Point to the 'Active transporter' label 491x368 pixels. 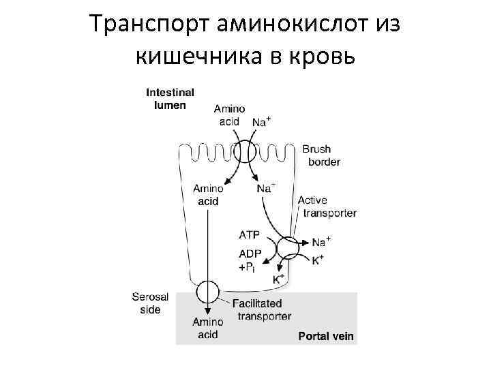tap(326, 206)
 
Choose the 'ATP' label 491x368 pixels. tap(249, 235)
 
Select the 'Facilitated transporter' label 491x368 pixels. tap(261, 309)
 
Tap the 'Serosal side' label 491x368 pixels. tap(146, 303)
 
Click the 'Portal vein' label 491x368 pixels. tap(327, 337)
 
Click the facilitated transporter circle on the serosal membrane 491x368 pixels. tap(207, 293)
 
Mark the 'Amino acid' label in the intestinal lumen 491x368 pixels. tap(229, 114)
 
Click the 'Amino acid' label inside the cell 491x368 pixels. tap(207, 194)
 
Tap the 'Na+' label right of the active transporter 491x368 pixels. tap(321, 241)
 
